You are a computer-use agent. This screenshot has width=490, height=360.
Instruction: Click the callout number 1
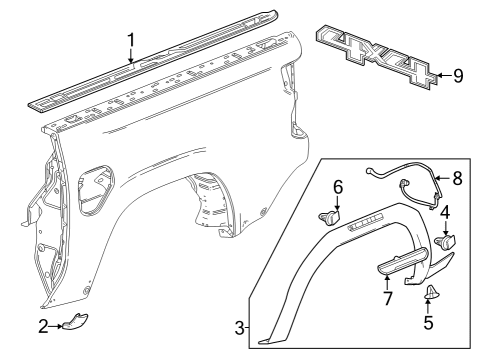(130, 40)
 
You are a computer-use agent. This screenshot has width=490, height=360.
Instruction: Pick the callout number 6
(338, 186)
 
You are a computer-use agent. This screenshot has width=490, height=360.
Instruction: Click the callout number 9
(458, 75)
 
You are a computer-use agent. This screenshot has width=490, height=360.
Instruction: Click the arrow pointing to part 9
(441, 75)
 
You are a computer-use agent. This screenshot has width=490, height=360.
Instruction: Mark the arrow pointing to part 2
(57, 326)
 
